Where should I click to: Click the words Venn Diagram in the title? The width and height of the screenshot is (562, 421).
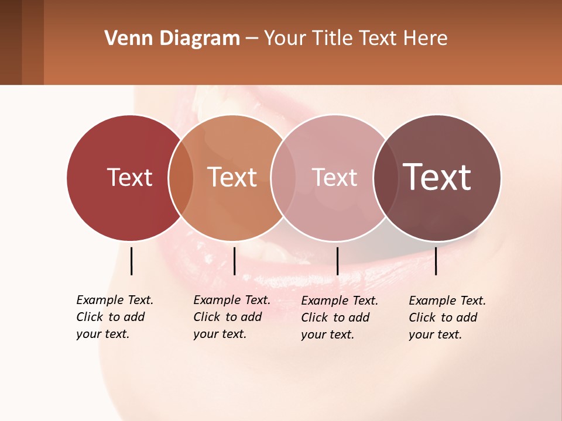point(172,39)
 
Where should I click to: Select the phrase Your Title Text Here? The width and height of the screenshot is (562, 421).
point(355,39)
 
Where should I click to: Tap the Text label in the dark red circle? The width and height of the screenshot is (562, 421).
point(129,177)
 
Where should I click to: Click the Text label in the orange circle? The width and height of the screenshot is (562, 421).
point(232,177)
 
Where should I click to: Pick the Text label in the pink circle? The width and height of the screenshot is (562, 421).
point(334,177)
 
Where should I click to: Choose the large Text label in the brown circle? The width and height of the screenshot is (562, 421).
point(437,177)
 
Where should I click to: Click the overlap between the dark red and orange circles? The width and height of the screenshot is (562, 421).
point(181,178)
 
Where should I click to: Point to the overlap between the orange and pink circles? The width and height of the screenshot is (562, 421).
point(283,178)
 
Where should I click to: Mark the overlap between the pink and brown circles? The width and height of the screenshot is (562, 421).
point(385,178)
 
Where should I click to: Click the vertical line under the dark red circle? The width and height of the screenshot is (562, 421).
point(131,261)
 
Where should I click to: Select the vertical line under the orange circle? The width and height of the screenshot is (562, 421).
point(234,261)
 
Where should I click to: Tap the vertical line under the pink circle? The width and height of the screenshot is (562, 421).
point(337,261)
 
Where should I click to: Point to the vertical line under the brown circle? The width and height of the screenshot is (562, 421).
point(436,261)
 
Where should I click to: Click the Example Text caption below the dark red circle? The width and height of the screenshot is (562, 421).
point(114,317)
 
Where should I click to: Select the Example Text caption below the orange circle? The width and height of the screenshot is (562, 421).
point(231,317)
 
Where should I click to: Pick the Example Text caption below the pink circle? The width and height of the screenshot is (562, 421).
point(339,318)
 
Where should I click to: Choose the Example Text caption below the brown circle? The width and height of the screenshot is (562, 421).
point(447,318)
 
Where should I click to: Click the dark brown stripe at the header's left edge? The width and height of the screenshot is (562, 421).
point(11,42)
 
